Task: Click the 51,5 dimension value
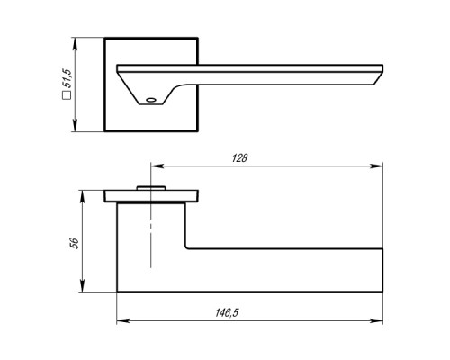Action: pos(67,78)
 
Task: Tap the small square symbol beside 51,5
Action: pos(67,94)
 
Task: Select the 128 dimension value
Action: pos(239,158)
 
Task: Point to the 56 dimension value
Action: pos(75,243)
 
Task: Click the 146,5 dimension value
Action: pos(227,313)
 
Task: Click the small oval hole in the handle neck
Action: pos(151,100)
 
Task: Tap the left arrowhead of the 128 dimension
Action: pos(157,166)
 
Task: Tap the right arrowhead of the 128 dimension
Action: pos(377,166)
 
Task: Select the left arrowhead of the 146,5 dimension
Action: pos(123,321)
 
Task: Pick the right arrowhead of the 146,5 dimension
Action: pos(377,321)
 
